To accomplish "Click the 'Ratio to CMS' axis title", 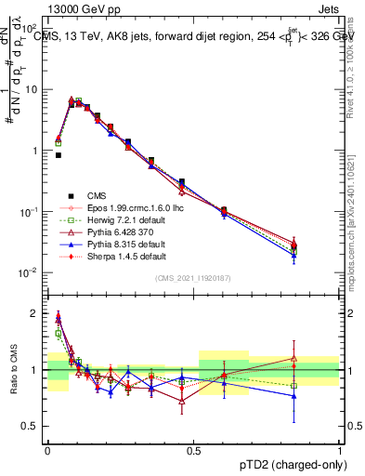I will coord(12,373).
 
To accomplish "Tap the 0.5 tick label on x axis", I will coord(194,449).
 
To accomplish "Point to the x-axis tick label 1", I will coord(341,449).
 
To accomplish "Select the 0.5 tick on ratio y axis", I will coord(31,427).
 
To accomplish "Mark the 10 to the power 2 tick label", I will coord(29,29).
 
